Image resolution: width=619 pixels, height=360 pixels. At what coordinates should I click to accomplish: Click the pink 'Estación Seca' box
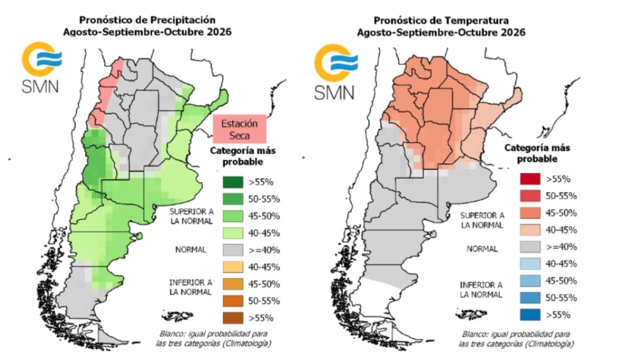tap(240, 129)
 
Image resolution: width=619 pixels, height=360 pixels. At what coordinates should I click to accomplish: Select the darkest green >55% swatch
tap(233, 182)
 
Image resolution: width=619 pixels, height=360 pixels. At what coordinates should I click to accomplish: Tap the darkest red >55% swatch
tap(530, 179)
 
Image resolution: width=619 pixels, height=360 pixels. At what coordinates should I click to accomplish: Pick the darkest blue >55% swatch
tap(530, 315)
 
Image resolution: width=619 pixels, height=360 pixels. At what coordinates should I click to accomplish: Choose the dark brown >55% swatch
tap(233, 318)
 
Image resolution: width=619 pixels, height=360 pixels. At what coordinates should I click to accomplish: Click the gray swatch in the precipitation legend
tap(233, 250)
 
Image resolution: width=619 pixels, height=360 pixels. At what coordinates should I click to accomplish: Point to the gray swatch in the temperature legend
tap(530, 247)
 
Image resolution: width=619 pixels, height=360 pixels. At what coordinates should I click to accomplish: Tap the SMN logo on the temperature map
tap(335, 72)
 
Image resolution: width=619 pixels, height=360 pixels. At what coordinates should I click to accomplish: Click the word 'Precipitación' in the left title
tap(183, 20)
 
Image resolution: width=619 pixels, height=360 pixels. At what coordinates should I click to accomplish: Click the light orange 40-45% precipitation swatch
tap(233, 267)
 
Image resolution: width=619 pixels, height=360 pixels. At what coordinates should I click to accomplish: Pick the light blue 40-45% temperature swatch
tap(530, 264)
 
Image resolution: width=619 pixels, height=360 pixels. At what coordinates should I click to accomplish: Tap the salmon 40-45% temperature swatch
tap(530, 230)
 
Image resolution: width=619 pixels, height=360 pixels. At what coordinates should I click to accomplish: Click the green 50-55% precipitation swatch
tap(233, 199)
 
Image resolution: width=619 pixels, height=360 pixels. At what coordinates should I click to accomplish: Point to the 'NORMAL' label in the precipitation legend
tap(191, 250)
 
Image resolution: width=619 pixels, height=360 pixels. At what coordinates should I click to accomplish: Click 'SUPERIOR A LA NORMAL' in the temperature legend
tap(482, 220)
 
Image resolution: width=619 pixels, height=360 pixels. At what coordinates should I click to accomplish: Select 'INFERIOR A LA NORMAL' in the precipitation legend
tap(191, 287)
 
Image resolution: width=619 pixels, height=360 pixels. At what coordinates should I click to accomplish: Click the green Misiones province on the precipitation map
tap(220, 100)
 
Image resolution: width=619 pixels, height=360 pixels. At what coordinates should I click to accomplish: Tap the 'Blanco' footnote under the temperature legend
tap(516, 339)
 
